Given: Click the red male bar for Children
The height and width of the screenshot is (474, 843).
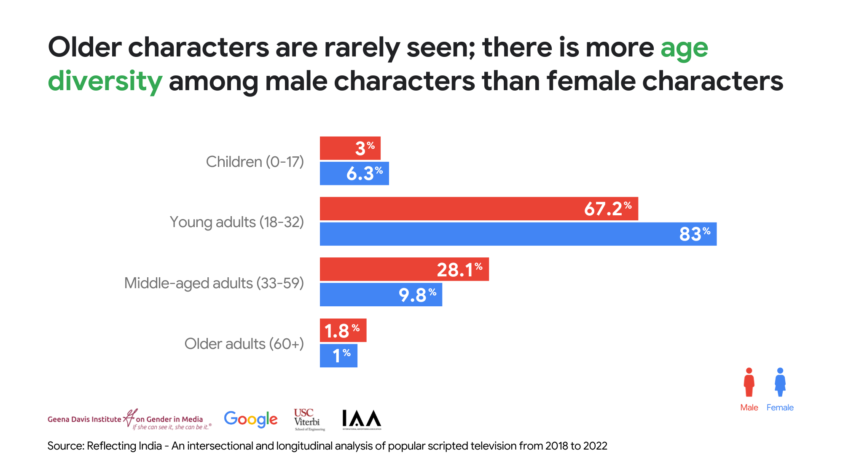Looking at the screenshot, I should coord(350,148).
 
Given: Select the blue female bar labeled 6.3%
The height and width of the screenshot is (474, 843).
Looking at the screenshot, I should coord(354,173).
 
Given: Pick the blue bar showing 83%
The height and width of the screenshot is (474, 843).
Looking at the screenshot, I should coord(518,234).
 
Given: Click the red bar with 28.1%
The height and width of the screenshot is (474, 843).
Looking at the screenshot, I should coord(404,269).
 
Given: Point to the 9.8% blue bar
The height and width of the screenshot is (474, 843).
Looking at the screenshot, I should coord(381,295).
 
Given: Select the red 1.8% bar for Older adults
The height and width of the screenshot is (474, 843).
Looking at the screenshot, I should coord(343,330).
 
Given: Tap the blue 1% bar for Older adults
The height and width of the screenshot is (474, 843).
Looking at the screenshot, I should coord(338,356).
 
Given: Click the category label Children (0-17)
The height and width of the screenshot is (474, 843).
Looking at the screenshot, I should coord(255,162).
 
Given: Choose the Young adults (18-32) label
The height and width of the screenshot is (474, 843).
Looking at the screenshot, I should coord(236,222).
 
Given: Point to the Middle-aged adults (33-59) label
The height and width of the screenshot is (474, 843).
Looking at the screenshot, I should coord(214,283).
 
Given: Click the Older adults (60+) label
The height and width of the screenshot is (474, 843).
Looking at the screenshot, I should coord(244,344).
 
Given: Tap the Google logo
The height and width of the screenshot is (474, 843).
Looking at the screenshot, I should coord(251,419).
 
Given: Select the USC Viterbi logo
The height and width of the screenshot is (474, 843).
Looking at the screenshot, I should coord(309,419).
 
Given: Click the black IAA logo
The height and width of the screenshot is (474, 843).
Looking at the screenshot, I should coord(361,419).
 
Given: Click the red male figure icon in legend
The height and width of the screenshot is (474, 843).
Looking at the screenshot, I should coord(749,383).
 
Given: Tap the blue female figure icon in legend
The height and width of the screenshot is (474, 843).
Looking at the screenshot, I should coord(780,383).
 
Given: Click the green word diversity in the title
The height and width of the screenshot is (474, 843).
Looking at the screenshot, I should coord(105,81).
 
